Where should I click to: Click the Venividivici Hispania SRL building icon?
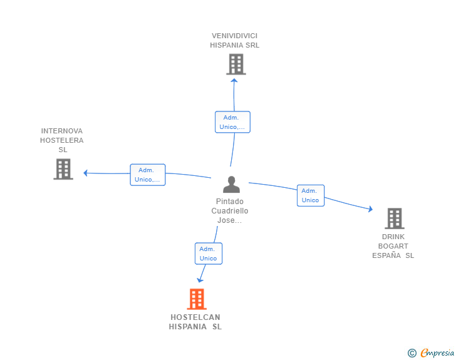click(236, 64)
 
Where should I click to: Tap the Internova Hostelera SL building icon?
click(63, 169)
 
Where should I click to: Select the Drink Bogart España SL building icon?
click(394, 219)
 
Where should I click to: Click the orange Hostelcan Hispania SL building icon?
click(197, 299)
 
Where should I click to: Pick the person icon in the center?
click(231, 185)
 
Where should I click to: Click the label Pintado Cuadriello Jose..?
click(229, 211)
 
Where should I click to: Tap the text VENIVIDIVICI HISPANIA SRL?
click(235, 41)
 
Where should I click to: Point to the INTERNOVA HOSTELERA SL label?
click(62, 140)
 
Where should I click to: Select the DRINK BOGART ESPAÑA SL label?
click(393, 246)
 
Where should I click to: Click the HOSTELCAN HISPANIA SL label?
click(195, 322)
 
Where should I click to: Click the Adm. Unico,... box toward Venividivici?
click(232, 122)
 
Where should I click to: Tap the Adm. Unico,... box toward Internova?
click(148, 175)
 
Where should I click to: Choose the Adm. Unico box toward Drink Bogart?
click(310, 195)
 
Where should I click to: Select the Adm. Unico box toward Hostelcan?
click(208, 254)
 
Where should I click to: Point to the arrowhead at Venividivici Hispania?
click(234, 80)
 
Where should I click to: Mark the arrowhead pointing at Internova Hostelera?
click(86, 173)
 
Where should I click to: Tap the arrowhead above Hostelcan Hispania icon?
click(200, 280)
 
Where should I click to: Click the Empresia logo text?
click(437, 353)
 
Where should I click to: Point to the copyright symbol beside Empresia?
click(412, 353)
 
